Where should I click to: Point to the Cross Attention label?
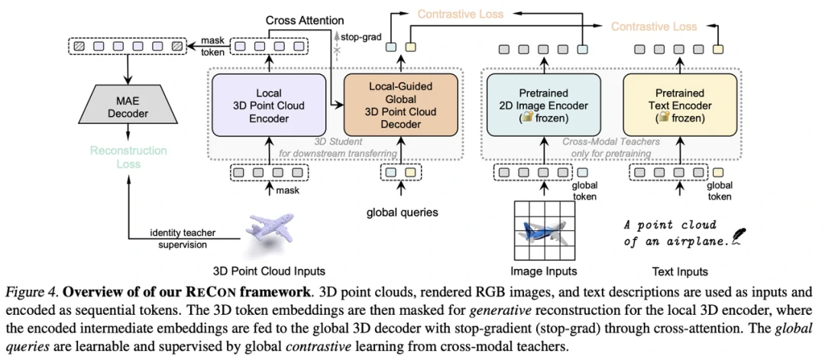point(305,19)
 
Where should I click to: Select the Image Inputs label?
point(544,271)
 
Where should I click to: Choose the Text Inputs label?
point(680,271)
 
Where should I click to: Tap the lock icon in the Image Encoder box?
point(527,118)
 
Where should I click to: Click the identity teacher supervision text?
point(176,239)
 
